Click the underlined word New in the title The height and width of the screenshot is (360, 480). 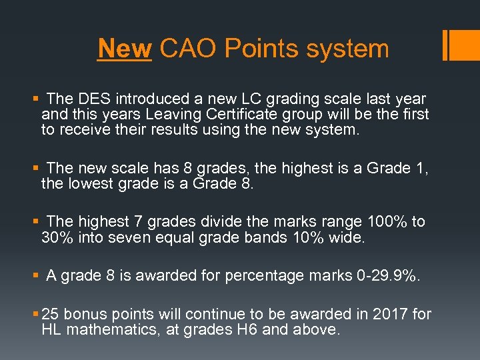[125, 49]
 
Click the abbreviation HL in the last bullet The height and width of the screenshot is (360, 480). [52, 329]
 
